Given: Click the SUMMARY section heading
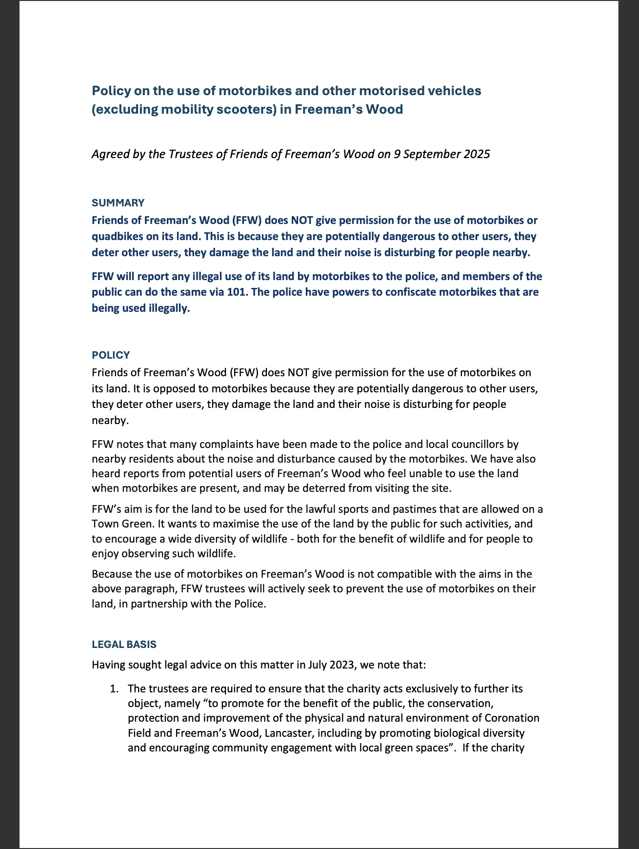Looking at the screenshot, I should click(118, 203).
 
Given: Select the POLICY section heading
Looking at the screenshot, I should click(111, 355).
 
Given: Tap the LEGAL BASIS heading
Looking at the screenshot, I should click(124, 645).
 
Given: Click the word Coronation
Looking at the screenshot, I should click(512, 718).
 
